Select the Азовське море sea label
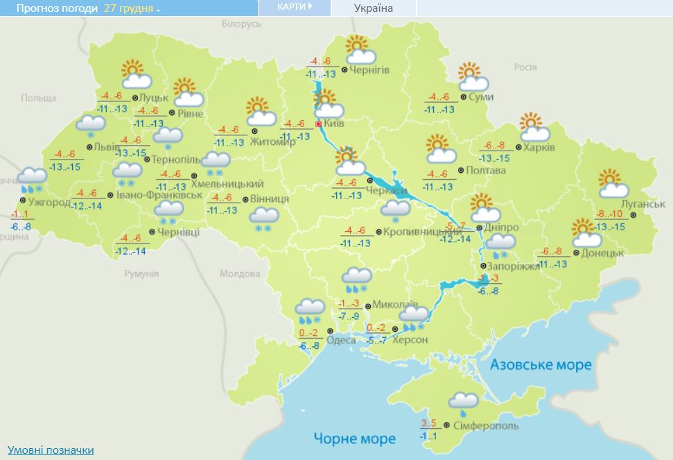pyautogui.click(x=541, y=364)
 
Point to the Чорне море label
pyautogui.click(x=354, y=438)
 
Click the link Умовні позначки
pyautogui.click(x=51, y=450)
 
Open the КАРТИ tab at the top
pyautogui.click(x=294, y=7)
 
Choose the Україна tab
pyautogui.click(x=373, y=8)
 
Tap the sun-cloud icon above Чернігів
pyautogui.click(x=360, y=50)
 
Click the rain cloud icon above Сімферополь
pyautogui.click(x=462, y=402)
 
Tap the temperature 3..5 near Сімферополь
pyautogui.click(x=430, y=423)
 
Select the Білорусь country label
pyautogui.click(x=241, y=24)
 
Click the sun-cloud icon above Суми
pyautogui.click(x=469, y=76)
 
